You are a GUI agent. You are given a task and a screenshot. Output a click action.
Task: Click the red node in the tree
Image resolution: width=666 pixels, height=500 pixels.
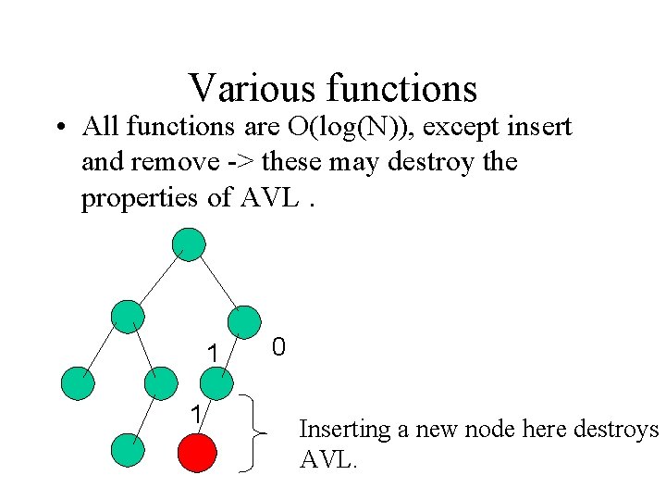[196, 453]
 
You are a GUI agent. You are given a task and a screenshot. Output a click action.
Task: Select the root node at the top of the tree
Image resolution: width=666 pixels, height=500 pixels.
[189, 244]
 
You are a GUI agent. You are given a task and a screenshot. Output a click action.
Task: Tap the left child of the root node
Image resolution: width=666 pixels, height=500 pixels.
[127, 316]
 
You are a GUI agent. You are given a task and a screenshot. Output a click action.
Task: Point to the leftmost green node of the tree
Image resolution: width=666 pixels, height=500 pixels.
[78, 382]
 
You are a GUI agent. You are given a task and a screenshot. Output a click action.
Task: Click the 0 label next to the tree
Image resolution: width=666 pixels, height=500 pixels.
[278, 347]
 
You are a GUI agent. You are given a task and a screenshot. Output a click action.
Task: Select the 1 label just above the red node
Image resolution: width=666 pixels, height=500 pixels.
[196, 415]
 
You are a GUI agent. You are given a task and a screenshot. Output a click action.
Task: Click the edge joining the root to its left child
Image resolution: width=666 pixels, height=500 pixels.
[157, 280]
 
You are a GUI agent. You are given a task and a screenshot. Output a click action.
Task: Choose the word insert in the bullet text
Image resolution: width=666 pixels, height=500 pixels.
[541, 125]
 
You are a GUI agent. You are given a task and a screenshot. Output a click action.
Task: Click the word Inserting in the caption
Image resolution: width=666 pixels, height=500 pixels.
[344, 430]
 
